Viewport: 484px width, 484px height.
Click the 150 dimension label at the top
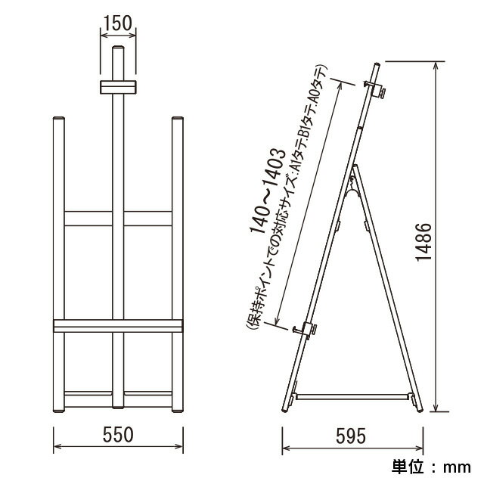tap(118, 23)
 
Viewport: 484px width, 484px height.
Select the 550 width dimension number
tap(118, 435)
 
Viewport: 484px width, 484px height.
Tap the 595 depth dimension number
tap(351, 436)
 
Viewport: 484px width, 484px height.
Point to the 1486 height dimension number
tap(423, 242)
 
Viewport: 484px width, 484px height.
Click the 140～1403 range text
tap(267, 191)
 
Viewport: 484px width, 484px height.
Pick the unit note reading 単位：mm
tap(431, 467)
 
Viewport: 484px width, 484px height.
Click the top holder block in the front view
tap(118, 87)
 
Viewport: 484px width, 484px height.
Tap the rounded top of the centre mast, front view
tap(118, 48)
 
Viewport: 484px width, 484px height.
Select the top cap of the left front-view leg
tap(59, 119)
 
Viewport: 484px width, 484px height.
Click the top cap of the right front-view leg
tap(178, 119)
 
